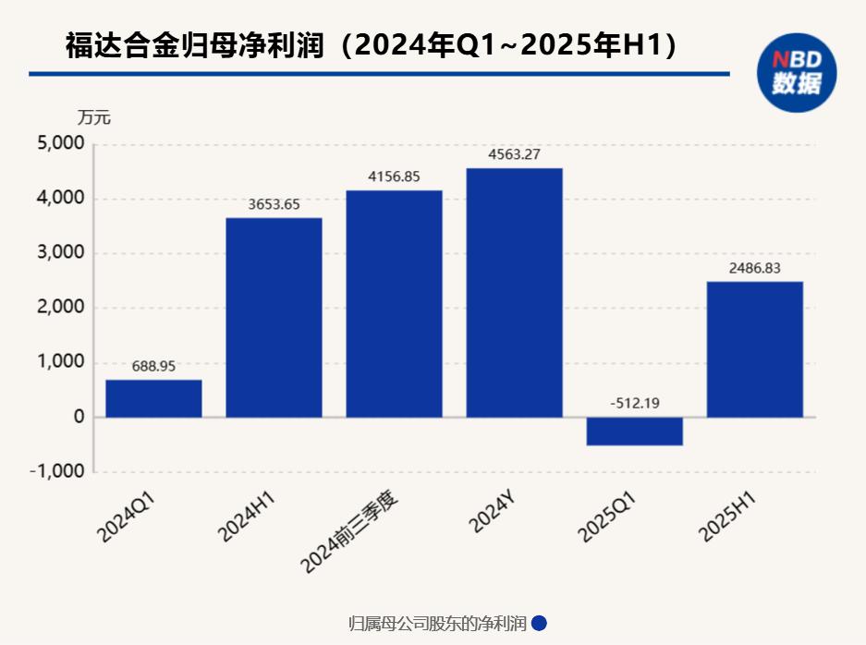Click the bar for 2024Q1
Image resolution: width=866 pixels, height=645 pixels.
pos(153,398)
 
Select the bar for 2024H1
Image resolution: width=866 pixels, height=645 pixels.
pos(274,317)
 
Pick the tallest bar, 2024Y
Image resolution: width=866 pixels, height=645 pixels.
pos(514,292)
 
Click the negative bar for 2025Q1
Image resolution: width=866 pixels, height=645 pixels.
pos(634,432)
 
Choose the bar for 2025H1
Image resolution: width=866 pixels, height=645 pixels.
pos(754,349)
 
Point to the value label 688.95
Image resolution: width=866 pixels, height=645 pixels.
pos(153,366)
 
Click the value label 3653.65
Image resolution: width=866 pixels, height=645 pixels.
pos(274,204)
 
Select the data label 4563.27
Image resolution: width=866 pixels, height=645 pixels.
pos(514,154)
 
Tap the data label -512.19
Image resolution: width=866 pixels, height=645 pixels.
pos(634,403)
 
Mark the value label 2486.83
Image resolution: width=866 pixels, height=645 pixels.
pos(754,268)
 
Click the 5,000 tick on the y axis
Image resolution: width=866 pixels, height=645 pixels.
pos(60,144)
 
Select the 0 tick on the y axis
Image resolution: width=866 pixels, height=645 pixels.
pos(79,417)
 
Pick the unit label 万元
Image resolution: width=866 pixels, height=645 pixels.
pos(93,118)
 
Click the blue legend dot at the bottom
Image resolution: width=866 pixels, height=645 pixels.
pos(540,624)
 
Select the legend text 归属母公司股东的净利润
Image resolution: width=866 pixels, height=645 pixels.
pos(437,624)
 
